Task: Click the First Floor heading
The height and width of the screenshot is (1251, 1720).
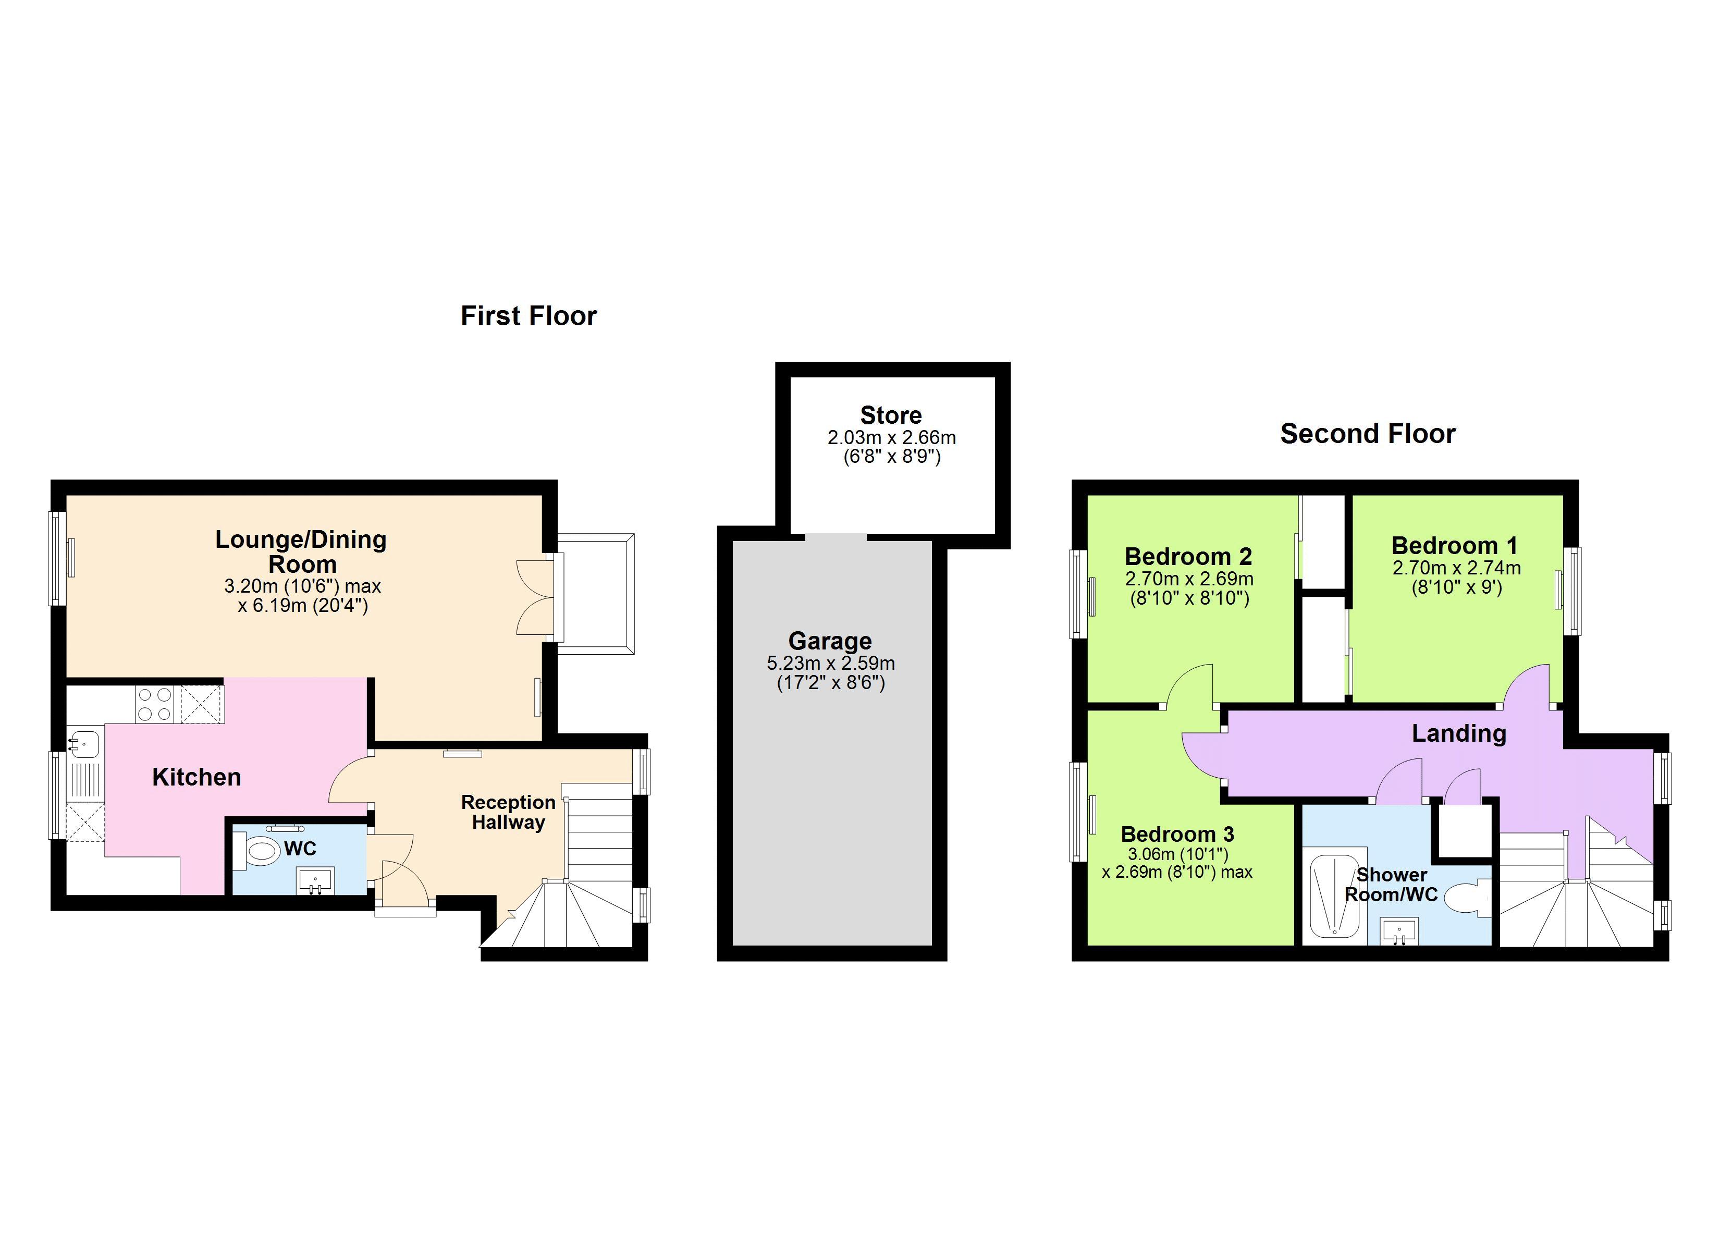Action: click(529, 315)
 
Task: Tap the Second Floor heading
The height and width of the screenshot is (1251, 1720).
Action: click(1367, 433)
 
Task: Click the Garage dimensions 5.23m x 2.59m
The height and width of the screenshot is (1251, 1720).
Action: click(830, 663)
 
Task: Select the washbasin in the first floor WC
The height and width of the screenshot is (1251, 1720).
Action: click(315, 881)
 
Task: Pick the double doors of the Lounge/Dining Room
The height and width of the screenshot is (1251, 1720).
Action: click(537, 597)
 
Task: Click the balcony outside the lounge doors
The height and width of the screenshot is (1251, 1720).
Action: click(595, 593)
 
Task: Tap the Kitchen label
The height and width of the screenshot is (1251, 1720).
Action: click(196, 777)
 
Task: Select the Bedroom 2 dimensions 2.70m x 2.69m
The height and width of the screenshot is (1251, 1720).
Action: click(1188, 579)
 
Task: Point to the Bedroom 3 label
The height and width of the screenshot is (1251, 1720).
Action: click(1177, 834)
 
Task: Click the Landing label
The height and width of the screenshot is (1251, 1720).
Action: click(1458, 733)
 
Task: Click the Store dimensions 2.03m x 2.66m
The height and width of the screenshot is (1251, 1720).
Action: click(891, 438)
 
